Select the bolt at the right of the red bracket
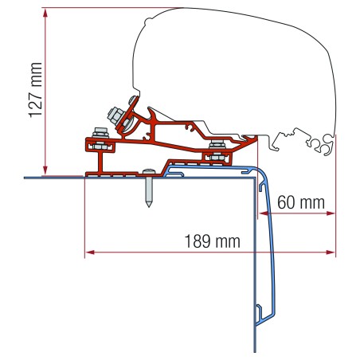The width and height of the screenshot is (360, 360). point(215,149)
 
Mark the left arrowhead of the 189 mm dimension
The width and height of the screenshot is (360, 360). point(88,253)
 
